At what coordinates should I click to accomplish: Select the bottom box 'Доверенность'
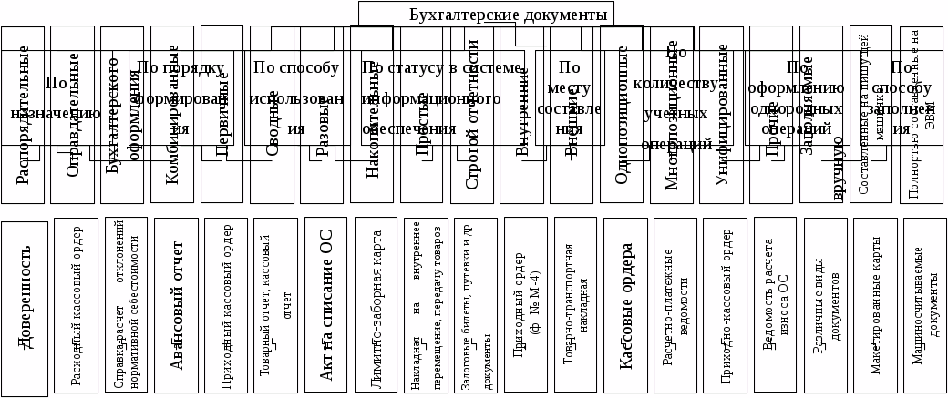pos(24,308)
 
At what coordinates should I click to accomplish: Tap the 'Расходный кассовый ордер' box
pos(77,307)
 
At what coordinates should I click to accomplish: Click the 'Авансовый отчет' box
pos(176,306)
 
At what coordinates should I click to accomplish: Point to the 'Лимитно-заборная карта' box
pos(376,306)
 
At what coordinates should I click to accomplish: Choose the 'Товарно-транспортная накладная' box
pos(575,306)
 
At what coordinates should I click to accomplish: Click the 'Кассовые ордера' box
pos(625,306)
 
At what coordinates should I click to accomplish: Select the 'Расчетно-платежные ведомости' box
pos(675,306)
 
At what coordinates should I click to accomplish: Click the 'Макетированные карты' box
pos(875,306)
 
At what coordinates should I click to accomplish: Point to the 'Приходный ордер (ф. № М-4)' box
pos(526,306)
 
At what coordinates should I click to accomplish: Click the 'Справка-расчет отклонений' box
pos(127,306)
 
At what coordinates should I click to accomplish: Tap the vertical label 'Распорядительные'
pos(23,114)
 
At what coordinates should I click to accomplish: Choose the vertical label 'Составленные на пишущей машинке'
pos(871,114)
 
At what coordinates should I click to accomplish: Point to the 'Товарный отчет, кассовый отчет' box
pos(276,306)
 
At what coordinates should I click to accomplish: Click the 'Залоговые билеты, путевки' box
pos(476,306)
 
